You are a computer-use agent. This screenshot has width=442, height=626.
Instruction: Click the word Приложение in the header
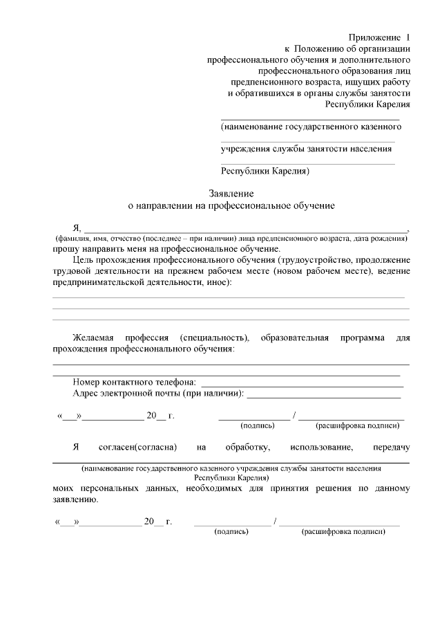click(x=374, y=36)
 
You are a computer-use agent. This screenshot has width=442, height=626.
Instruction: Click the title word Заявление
click(x=232, y=193)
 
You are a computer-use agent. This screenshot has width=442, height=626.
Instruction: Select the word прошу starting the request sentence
click(x=65, y=248)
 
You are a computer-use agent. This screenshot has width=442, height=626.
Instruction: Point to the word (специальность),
click(x=214, y=338)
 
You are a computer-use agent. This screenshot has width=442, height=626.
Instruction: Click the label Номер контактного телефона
click(x=134, y=382)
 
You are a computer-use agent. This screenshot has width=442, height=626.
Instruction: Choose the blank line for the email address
click(x=323, y=396)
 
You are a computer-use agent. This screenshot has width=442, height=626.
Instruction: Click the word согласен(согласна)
click(x=139, y=448)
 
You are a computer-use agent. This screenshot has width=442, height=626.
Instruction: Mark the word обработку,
click(x=242, y=448)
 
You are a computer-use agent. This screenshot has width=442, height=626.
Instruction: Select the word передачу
click(x=391, y=448)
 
